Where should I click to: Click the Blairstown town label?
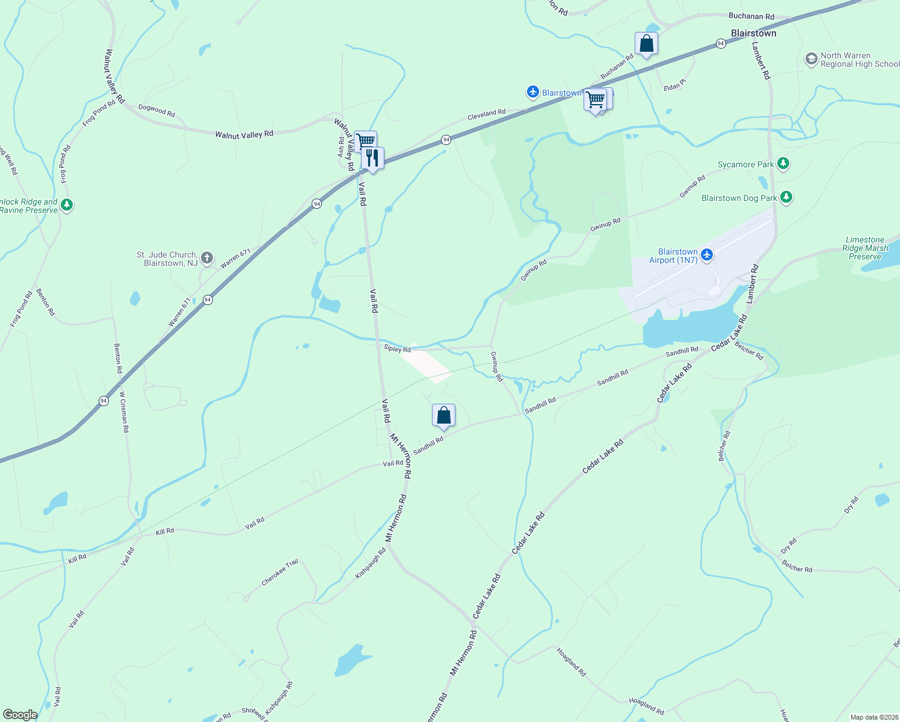[753, 33]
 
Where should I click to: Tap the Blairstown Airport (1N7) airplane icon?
[707, 255]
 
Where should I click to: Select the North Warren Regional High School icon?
[811, 59]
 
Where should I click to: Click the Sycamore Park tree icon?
[783, 164]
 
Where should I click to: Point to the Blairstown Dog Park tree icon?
[786, 197]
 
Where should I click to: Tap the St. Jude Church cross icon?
[206, 259]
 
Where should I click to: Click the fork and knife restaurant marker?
[373, 158]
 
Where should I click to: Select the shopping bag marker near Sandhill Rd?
[443, 415]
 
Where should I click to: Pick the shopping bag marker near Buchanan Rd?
[646, 43]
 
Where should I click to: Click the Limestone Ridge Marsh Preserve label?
[865, 248]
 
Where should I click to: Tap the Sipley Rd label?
[397, 348]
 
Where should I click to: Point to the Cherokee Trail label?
[280, 573]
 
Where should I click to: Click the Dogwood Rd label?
[156, 110]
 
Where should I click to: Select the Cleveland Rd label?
[487, 113]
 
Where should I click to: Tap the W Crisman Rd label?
[124, 412]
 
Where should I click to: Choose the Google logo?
[20, 715]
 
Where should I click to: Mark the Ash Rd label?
[341, 147]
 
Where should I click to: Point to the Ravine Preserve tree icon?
[67, 205]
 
